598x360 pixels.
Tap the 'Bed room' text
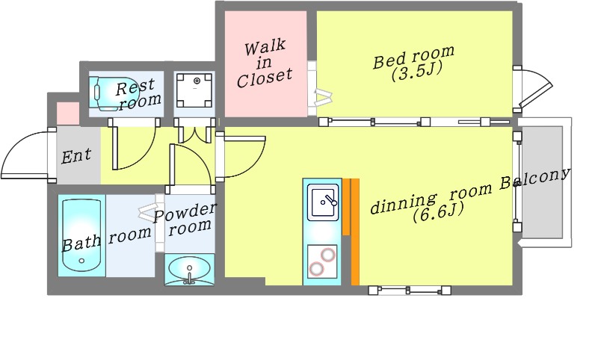(x=414, y=58)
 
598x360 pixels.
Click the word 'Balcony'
(x=535, y=180)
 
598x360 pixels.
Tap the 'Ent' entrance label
(x=76, y=156)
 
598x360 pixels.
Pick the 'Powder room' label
(x=185, y=220)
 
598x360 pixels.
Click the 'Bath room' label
(x=106, y=238)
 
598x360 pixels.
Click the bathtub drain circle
(x=81, y=261)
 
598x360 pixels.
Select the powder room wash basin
(x=190, y=270)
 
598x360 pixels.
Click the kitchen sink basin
(x=323, y=202)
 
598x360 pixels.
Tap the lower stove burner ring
(x=316, y=269)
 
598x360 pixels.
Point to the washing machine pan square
(x=194, y=90)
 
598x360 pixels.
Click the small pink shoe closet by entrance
(x=68, y=113)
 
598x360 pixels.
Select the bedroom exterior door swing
(x=532, y=89)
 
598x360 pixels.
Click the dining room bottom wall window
(x=409, y=291)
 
